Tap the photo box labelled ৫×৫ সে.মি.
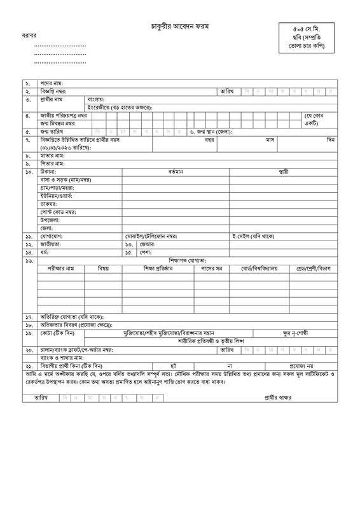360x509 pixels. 308,39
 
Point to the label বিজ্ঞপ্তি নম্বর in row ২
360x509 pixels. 57,92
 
